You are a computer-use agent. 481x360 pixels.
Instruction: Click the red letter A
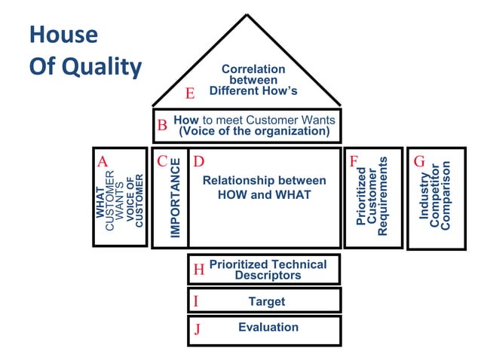click(x=103, y=161)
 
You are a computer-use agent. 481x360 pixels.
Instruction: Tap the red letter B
click(x=162, y=126)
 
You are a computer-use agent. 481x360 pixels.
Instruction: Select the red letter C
click(x=162, y=161)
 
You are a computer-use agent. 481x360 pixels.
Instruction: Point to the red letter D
click(x=198, y=161)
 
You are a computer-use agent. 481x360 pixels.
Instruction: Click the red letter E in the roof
click(x=191, y=94)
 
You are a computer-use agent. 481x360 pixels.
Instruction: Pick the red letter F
click(x=354, y=161)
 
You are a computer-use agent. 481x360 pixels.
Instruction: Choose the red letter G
click(x=419, y=161)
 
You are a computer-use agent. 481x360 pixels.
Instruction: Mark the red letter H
click(x=199, y=270)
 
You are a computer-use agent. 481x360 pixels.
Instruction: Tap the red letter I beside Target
click(x=196, y=301)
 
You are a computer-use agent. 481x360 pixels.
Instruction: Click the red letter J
click(x=197, y=329)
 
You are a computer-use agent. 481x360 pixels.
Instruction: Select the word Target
click(x=267, y=301)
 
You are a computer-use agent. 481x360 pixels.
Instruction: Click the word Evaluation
click(x=268, y=327)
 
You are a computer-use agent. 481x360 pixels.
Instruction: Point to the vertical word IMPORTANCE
click(x=176, y=198)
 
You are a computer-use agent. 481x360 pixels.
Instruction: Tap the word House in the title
click(x=63, y=35)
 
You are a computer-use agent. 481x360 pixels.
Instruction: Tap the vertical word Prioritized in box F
click(x=360, y=197)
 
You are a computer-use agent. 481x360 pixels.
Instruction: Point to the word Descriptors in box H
click(x=268, y=276)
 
